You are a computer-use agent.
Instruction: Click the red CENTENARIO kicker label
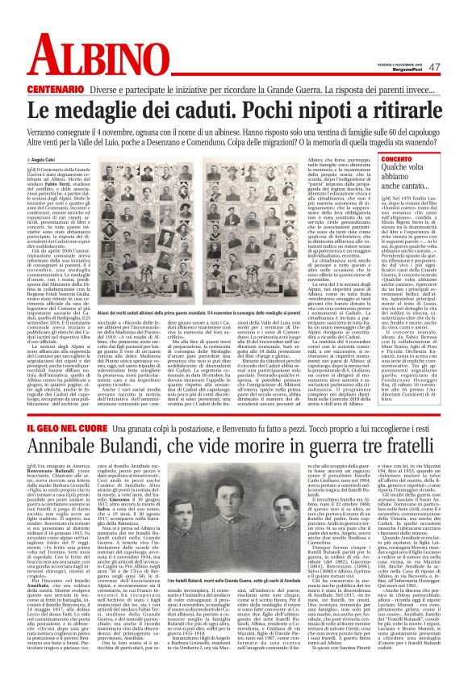[x=58, y=88]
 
